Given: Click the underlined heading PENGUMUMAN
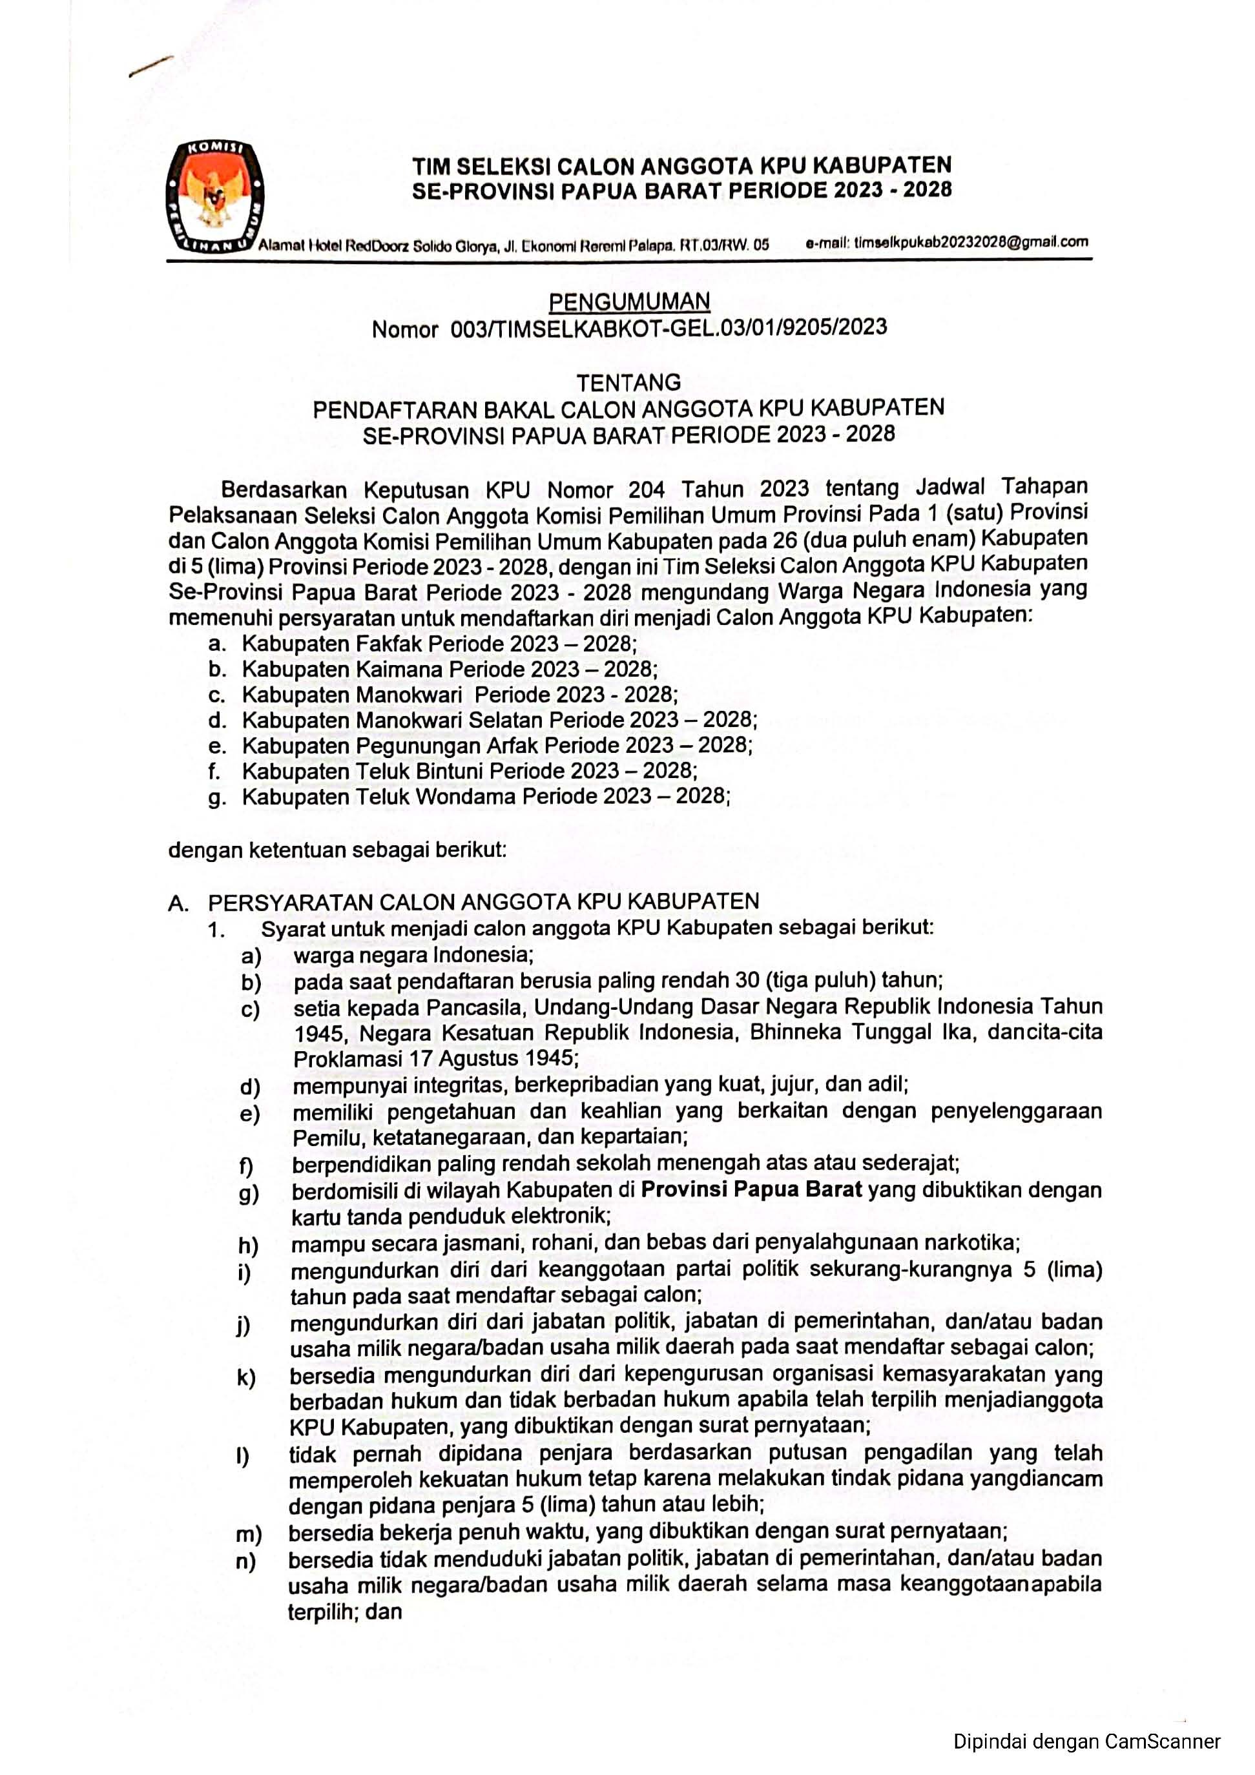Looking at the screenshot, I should (x=628, y=301).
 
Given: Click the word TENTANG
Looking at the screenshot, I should (x=628, y=382).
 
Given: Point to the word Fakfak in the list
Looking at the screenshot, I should (x=388, y=643).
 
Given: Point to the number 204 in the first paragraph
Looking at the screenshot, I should (x=647, y=489).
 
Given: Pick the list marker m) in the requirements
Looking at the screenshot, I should (x=249, y=1532).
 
